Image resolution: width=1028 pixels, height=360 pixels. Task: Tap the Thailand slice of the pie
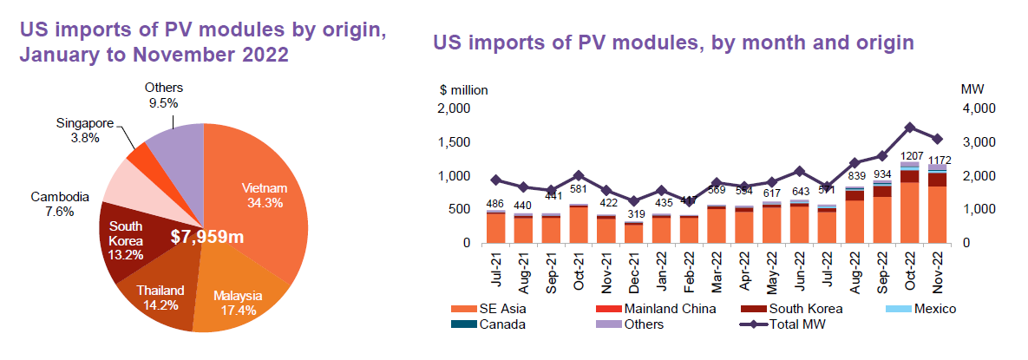click(x=154, y=286)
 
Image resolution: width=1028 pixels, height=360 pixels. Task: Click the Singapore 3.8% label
click(x=84, y=130)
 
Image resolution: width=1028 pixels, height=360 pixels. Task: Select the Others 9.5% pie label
click(x=163, y=95)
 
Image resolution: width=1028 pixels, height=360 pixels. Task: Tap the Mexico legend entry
click(x=933, y=309)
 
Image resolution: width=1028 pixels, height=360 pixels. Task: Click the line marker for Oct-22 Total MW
click(x=909, y=127)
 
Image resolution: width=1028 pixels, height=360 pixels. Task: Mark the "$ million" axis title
click(x=463, y=89)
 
